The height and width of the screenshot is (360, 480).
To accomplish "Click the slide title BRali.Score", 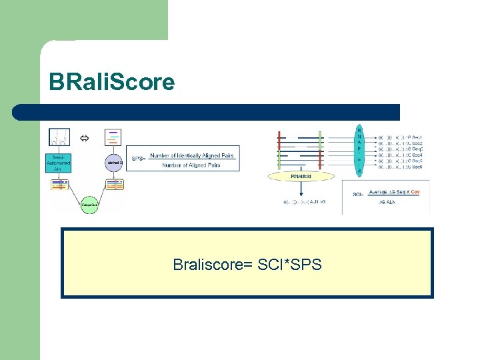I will point(111,82).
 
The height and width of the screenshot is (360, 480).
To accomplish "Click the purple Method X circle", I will point(114,162).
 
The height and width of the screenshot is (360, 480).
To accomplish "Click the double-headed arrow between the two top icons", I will point(85,138).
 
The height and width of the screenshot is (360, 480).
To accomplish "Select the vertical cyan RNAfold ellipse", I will point(360,151).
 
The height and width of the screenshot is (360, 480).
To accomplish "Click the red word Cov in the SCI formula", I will point(415,192).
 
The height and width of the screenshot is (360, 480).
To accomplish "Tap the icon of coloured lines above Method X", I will point(114,137).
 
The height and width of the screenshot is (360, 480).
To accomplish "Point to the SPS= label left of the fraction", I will point(137,159).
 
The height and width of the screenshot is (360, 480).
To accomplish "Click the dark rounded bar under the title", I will point(206,112).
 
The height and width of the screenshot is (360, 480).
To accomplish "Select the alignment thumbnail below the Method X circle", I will point(114,185).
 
